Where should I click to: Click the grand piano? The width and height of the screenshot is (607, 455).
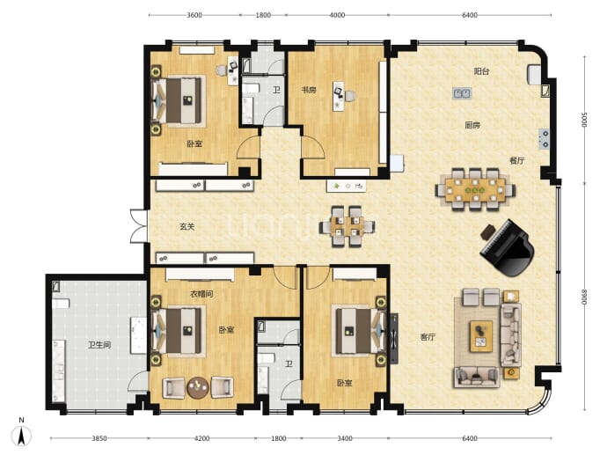coord(507,248)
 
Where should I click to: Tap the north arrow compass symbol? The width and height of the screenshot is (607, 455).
coord(22,434)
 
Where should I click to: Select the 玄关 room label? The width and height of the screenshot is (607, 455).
coord(187,226)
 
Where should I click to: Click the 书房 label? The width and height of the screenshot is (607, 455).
coord(309,90)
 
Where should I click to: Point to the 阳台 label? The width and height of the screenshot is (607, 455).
coord(481,71)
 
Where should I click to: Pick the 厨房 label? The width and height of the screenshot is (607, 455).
coord(472,125)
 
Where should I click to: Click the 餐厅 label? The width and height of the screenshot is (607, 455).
coord(517,160)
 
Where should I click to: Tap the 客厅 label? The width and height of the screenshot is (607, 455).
coord(428,337)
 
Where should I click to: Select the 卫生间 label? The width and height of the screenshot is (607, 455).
coord(99,344)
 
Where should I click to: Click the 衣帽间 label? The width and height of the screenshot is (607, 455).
coord(201,294)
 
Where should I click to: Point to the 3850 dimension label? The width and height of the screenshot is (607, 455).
coord(99,438)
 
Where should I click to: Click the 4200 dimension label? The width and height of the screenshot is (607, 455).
coord(201,438)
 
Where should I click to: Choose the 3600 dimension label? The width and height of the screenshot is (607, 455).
coord(194,15)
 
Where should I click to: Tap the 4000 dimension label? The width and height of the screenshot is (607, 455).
coord(337,15)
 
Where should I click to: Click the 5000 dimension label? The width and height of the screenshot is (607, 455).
coord(584,120)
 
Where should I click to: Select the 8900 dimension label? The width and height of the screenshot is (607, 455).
coord(584,297)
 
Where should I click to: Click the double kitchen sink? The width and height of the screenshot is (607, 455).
coord(462,93)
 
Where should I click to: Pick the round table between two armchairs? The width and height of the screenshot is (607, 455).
coord(198,387)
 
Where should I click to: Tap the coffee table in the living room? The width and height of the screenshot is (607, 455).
coord(481,336)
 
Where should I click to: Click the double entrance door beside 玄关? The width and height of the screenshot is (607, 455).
coord(139,226)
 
